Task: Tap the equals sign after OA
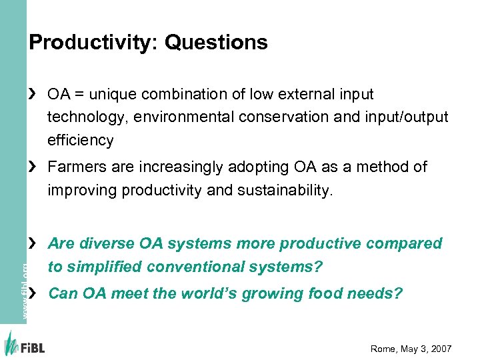(x=80, y=95)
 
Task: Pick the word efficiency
(x=80, y=141)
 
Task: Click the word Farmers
(x=73, y=167)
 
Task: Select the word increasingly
(x=174, y=167)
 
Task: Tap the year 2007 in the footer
(x=439, y=349)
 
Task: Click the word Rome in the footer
(x=383, y=349)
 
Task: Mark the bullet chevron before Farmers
(x=33, y=167)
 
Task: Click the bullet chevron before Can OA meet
(x=33, y=293)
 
